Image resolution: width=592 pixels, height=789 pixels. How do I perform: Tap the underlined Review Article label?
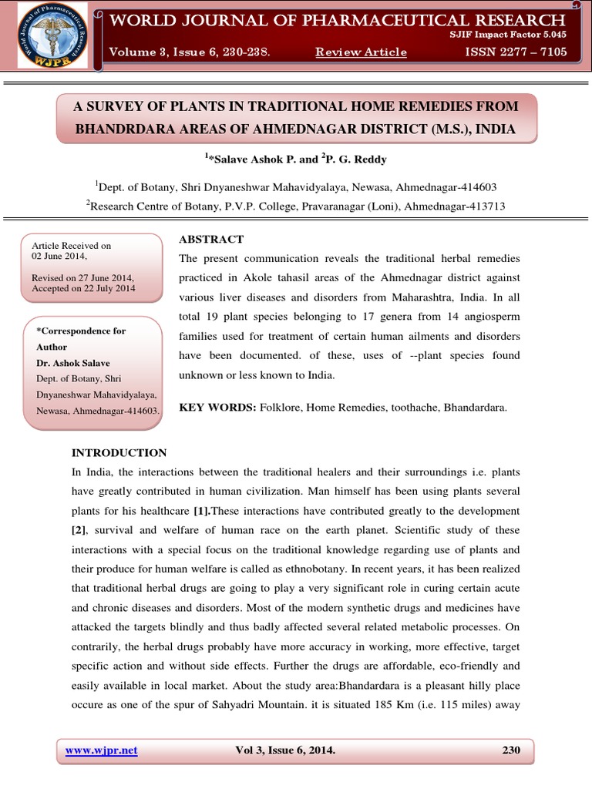[361, 52]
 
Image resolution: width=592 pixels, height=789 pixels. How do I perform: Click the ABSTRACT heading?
[211, 239]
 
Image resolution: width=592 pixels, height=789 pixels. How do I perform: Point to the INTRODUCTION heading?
[119, 452]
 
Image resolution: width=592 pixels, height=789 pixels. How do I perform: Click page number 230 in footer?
[511, 750]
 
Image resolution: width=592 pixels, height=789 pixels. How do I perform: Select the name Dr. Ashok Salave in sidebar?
[70, 362]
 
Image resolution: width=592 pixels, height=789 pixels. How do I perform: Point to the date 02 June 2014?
[59, 256]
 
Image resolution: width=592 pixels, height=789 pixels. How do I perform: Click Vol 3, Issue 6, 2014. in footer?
[284, 750]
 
